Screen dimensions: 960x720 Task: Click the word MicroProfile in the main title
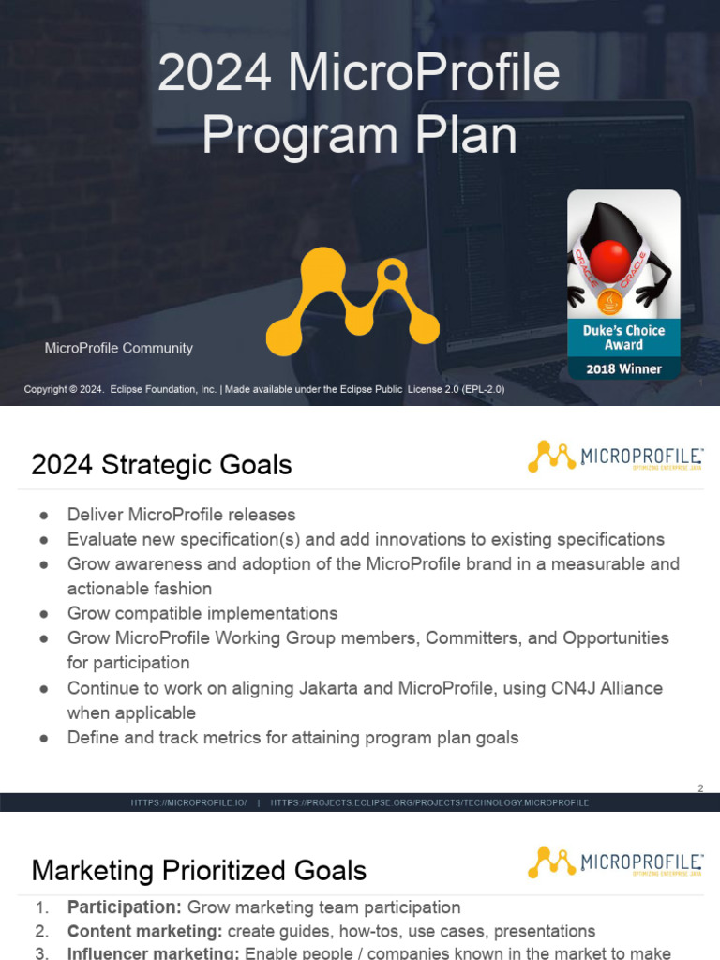(x=424, y=73)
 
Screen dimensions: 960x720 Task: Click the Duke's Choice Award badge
(x=623, y=284)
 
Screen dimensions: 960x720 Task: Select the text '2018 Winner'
(x=623, y=368)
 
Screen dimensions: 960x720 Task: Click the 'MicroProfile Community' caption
(x=119, y=348)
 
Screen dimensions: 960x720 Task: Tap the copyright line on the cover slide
(x=263, y=389)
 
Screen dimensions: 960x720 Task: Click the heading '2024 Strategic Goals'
(x=161, y=465)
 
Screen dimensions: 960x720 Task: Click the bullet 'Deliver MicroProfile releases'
(x=181, y=515)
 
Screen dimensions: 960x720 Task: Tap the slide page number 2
(x=699, y=788)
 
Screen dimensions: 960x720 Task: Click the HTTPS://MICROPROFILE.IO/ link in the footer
(x=188, y=803)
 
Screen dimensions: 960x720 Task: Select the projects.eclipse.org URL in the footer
(x=429, y=803)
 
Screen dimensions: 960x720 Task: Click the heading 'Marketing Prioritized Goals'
(x=199, y=870)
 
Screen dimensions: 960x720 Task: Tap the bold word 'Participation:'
(x=124, y=907)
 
